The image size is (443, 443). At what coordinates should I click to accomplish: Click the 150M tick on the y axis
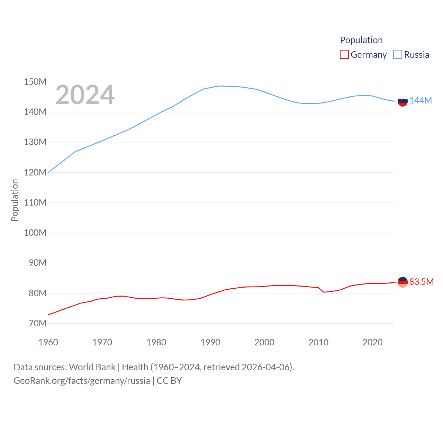click(35, 82)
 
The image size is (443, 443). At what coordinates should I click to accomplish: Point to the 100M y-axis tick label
click(35, 233)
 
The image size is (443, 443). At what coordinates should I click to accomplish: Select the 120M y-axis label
click(35, 172)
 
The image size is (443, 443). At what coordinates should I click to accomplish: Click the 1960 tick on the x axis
click(48, 342)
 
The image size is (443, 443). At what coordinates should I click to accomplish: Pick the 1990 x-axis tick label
click(210, 342)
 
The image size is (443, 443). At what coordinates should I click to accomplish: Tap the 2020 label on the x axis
click(372, 342)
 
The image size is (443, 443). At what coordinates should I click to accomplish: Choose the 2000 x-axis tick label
click(264, 342)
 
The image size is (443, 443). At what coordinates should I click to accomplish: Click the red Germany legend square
click(344, 55)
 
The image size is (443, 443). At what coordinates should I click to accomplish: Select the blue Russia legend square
click(398, 55)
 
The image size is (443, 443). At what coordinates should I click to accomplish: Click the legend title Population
click(361, 40)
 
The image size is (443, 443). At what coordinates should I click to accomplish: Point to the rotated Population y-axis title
click(15, 200)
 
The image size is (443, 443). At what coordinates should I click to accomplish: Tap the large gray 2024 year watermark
click(85, 94)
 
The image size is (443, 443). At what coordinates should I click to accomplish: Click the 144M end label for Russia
click(421, 100)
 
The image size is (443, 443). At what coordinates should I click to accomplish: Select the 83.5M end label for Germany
click(421, 282)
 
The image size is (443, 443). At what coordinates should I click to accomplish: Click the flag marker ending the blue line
click(403, 101)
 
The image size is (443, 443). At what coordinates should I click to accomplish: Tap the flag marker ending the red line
click(403, 282)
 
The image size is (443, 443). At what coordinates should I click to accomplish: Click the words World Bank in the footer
click(92, 367)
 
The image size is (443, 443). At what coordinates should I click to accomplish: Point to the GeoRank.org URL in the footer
click(82, 381)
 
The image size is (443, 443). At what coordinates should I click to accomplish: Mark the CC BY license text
click(169, 381)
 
